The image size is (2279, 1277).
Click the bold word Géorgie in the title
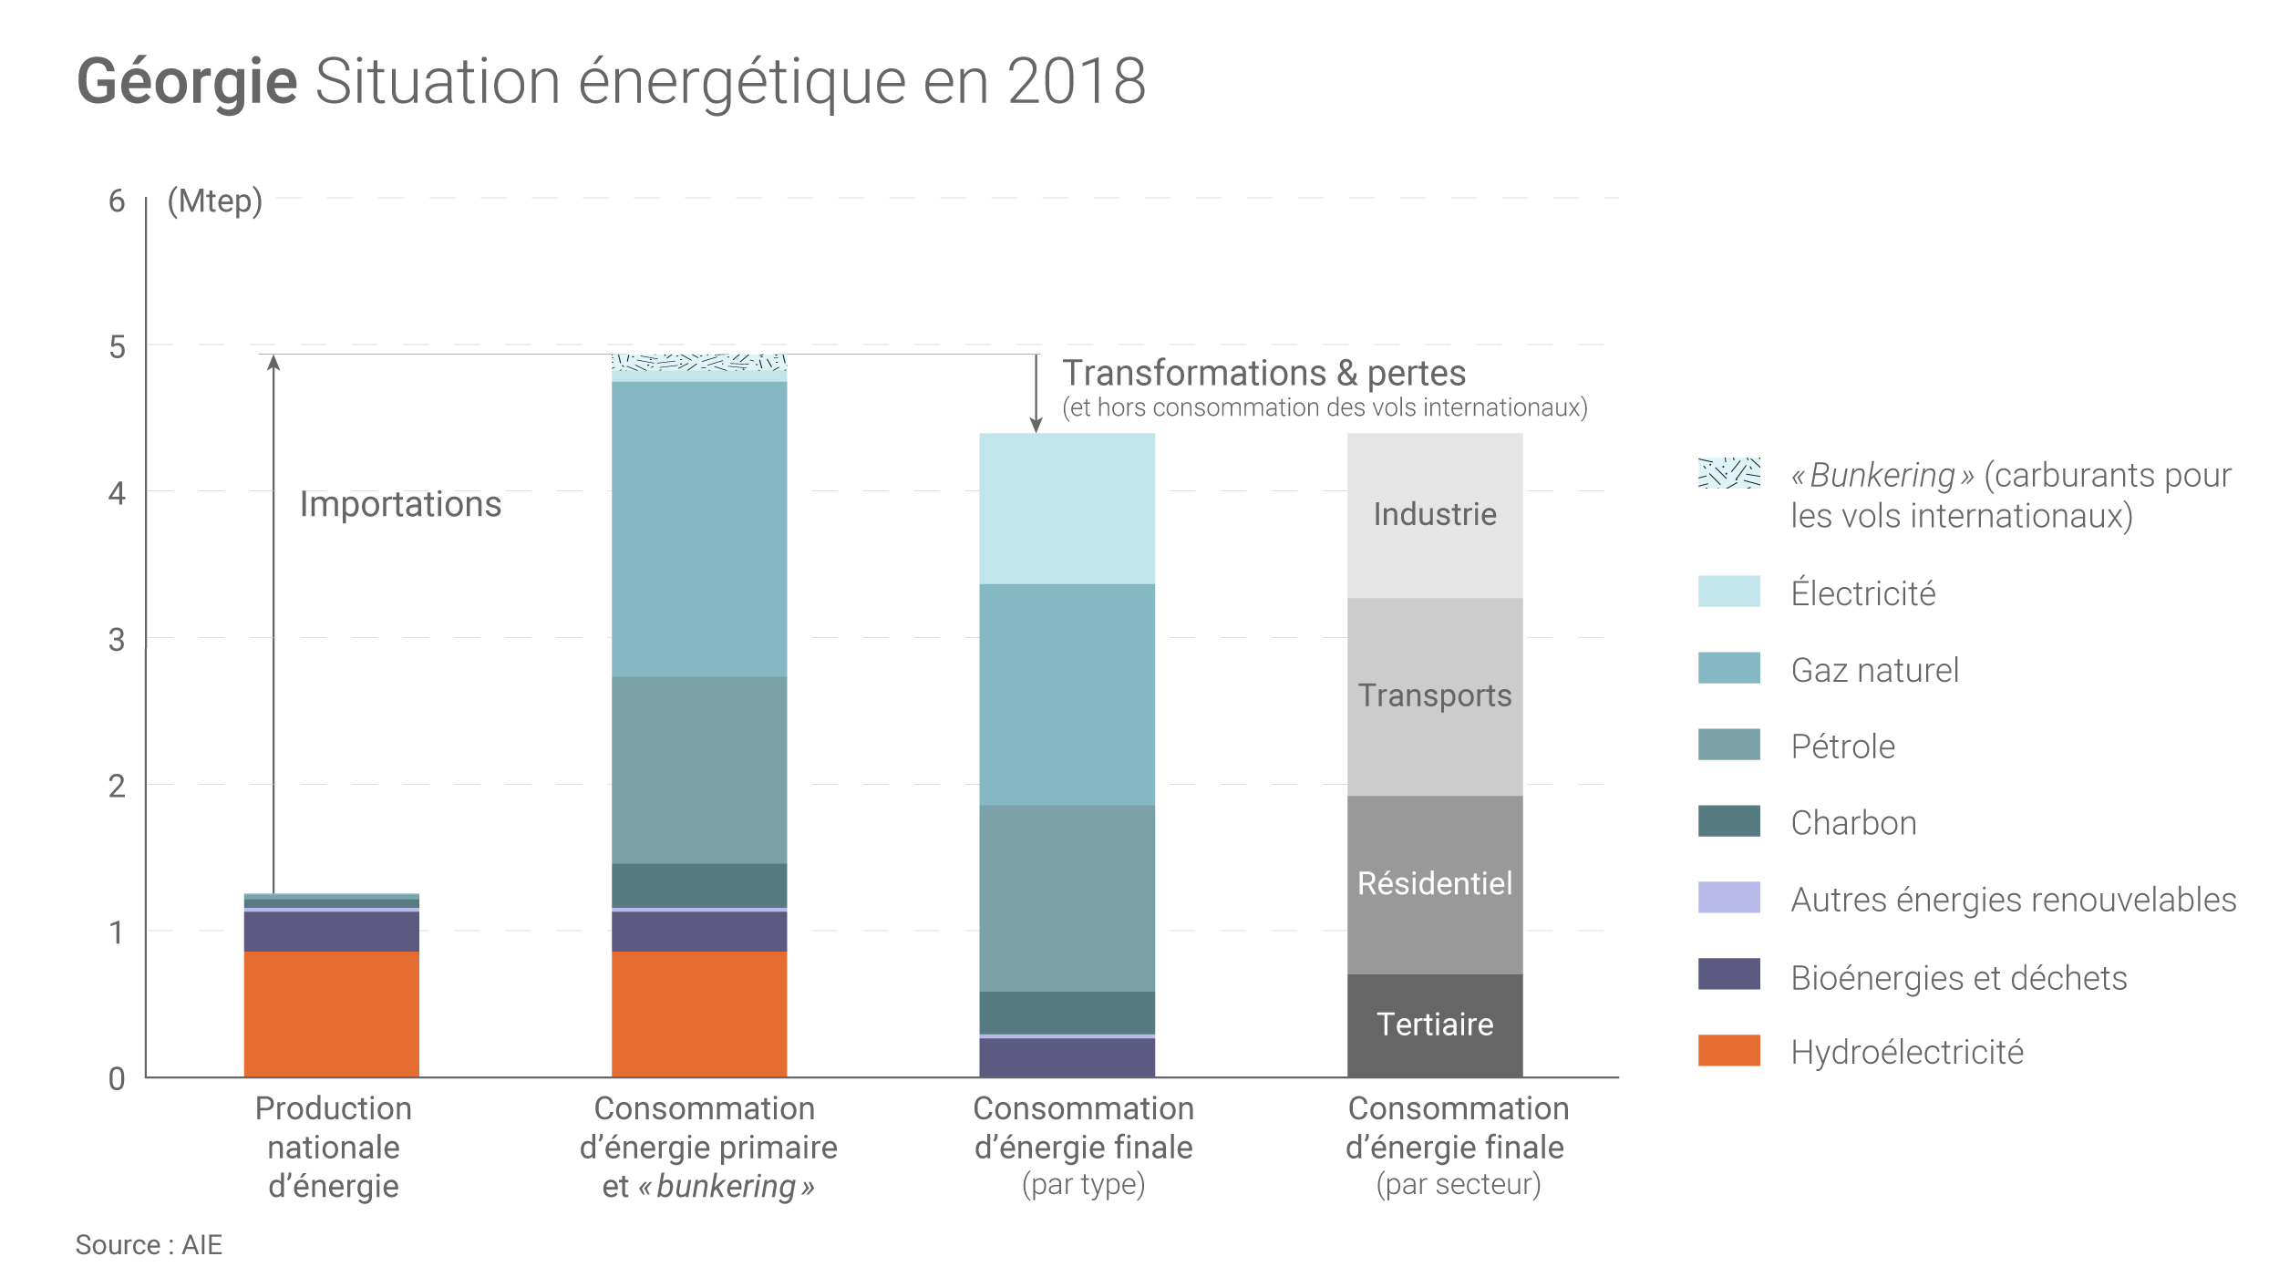coord(187,82)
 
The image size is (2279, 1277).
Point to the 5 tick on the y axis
coord(117,347)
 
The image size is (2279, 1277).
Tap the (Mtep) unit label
coord(215,201)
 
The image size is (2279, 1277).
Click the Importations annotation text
coord(400,504)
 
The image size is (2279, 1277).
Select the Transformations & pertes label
coord(1263,373)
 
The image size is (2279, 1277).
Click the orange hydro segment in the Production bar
coord(331,1014)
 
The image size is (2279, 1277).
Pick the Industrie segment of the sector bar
coord(1435,515)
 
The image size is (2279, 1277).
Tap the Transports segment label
coord(1435,695)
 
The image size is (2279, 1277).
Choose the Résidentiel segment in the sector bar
coord(1435,883)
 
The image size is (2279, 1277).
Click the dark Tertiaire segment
coord(1435,1025)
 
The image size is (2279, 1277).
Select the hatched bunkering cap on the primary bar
coord(699,362)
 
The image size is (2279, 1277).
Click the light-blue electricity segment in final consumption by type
coord(1067,509)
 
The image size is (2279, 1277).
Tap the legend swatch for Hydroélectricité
coord(1728,1050)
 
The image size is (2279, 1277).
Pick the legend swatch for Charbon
coord(1728,821)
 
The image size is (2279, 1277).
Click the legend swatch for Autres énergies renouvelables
coord(1728,898)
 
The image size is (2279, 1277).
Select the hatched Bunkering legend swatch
coord(1728,473)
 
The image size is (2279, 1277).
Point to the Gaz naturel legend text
coord(1874,670)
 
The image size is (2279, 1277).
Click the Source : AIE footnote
coord(149,1245)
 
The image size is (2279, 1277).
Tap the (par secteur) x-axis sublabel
coord(1458,1184)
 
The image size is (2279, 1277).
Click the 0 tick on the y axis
coord(117,1079)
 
